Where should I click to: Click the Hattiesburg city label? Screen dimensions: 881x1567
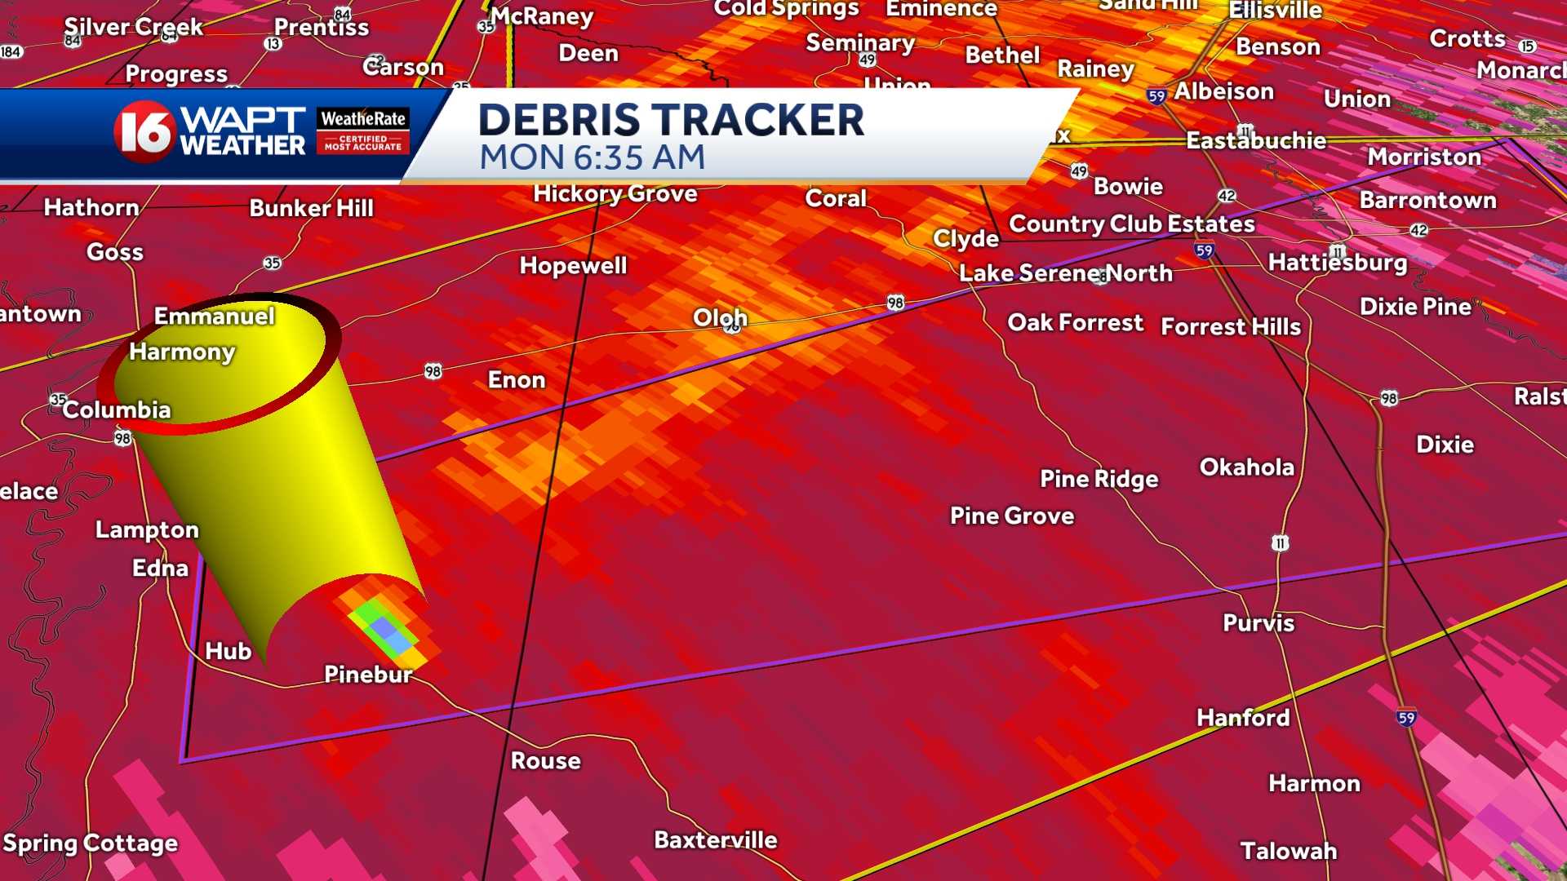point(1338,262)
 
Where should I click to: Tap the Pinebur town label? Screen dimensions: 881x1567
point(368,674)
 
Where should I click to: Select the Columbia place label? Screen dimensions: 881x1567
point(117,410)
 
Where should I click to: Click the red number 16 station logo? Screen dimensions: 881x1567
point(144,131)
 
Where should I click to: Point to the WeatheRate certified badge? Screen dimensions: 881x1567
point(362,131)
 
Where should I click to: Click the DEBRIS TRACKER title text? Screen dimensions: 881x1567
point(671,120)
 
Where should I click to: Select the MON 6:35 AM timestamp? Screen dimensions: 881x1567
point(592,157)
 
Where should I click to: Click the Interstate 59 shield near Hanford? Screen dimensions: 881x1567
point(1405,718)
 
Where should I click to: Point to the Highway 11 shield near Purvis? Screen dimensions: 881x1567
point(1280,543)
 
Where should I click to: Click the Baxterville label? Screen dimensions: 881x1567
point(715,839)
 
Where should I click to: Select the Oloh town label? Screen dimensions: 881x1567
point(720,317)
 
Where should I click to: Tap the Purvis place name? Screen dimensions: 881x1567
point(1258,622)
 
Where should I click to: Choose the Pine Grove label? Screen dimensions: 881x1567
point(1012,516)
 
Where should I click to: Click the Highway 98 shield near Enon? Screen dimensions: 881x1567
point(433,372)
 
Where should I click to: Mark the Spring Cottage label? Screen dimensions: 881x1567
point(90,843)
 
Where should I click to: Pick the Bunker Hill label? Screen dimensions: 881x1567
point(311,208)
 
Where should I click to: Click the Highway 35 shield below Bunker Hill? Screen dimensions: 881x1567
point(272,263)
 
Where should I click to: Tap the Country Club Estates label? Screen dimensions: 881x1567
point(1131,224)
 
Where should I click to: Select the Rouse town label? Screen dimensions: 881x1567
point(545,760)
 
